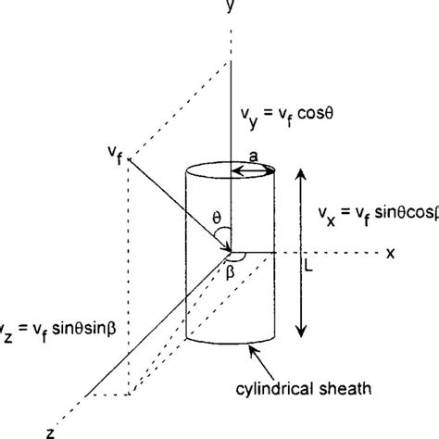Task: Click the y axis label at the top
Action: tap(226, 8)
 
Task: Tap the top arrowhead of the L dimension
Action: tap(298, 173)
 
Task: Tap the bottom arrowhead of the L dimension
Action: tap(298, 333)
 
